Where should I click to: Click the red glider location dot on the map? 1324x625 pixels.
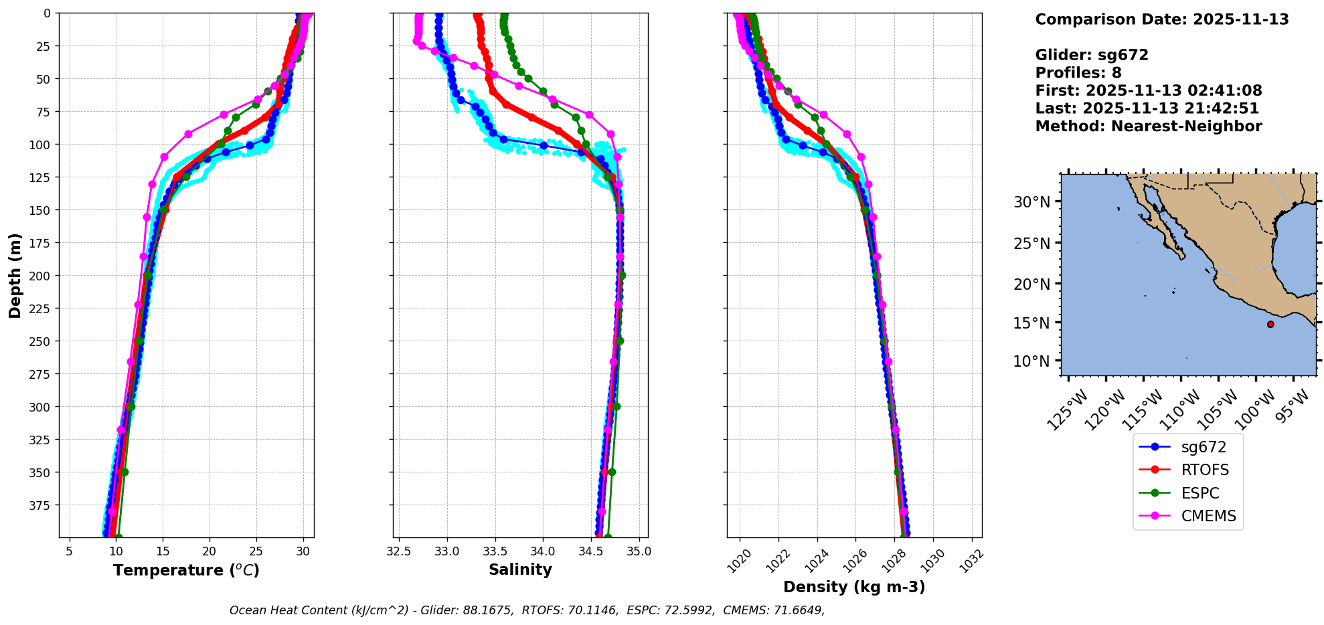click(1270, 325)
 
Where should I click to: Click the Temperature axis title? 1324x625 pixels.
click(186, 571)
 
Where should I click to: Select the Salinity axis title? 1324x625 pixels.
click(520, 570)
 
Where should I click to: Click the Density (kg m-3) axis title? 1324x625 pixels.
click(854, 588)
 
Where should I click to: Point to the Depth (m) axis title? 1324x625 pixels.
click(15, 276)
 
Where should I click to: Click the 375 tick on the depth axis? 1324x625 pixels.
click(42, 505)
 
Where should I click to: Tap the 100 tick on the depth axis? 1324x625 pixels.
click(42, 145)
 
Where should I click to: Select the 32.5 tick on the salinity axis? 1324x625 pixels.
click(399, 552)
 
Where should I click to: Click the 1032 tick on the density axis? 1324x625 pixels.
click(971, 560)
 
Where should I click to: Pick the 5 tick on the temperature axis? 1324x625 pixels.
click(69, 552)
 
